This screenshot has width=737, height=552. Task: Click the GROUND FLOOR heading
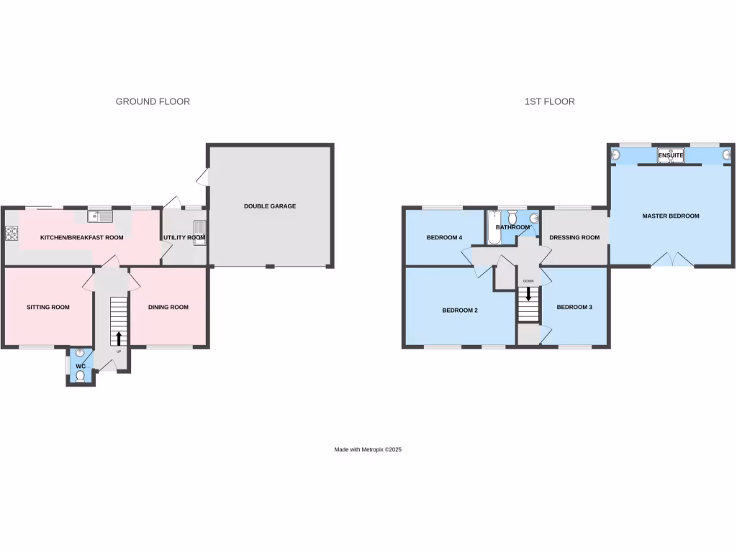click(x=153, y=101)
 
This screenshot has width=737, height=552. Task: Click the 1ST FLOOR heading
click(x=550, y=101)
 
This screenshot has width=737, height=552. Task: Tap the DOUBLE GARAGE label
click(x=270, y=206)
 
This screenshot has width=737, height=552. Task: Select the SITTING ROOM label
click(x=48, y=307)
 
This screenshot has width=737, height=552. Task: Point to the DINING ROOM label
click(x=168, y=307)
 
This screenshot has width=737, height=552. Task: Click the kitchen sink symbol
click(x=100, y=216)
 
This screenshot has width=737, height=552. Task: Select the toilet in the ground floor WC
click(x=80, y=376)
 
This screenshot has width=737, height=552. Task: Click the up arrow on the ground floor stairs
click(x=119, y=338)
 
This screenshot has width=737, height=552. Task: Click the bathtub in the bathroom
click(x=494, y=227)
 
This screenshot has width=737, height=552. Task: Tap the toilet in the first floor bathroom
click(x=512, y=216)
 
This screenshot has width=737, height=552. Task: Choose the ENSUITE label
click(x=670, y=155)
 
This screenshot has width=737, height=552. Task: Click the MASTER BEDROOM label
click(x=671, y=216)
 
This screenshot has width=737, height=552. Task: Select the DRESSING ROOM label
click(x=574, y=237)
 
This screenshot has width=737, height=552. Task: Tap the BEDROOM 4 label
click(x=444, y=237)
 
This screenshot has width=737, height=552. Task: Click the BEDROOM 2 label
click(x=461, y=310)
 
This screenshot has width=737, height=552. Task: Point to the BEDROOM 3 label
click(x=574, y=307)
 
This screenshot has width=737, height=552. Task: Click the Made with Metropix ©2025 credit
click(x=368, y=449)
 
